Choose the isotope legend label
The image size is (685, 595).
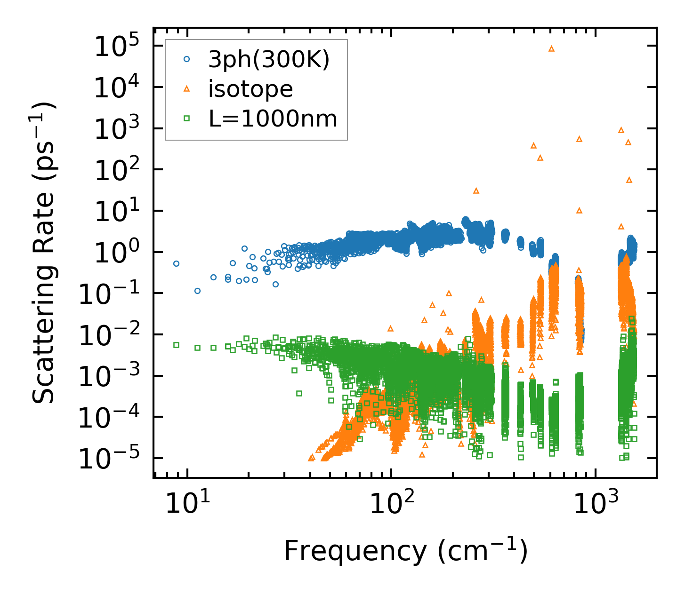[x=250, y=89]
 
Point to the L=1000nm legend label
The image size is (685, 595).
[x=273, y=119]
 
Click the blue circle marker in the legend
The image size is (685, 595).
[x=187, y=59]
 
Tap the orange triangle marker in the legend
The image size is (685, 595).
[x=187, y=89]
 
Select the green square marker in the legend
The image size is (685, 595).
[x=187, y=119]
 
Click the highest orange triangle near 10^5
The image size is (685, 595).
[x=552, y=49]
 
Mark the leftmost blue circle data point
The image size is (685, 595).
[x=177, y=264]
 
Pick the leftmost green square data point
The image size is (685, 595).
[x=177, y=345]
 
